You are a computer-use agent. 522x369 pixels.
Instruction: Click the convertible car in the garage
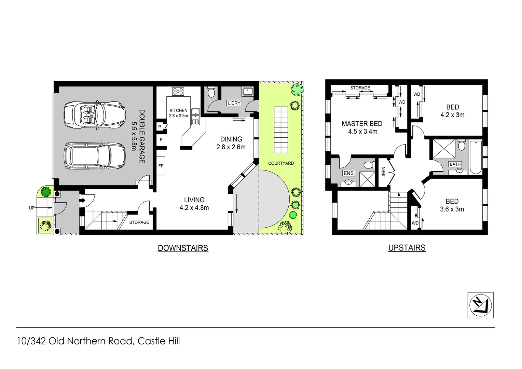point(95,114)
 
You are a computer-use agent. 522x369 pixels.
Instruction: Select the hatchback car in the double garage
point(95,156)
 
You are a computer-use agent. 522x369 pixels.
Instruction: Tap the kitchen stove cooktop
point(178,91)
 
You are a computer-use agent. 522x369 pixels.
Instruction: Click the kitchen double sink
point(196,116)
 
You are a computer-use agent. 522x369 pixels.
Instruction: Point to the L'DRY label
point(234,103)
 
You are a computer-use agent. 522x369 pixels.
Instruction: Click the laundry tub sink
point(247,91)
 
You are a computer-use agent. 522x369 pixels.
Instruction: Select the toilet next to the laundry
point(211,92)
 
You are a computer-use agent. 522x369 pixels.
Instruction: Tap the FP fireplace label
point(161,166)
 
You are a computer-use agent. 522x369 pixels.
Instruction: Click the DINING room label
point(231,139)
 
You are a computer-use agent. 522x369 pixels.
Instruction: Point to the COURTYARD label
point(281,163)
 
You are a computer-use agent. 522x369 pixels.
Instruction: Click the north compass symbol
point(480,305)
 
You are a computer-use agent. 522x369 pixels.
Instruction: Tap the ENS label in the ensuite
point(348,173)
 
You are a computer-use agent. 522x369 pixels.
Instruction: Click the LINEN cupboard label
point(383,173)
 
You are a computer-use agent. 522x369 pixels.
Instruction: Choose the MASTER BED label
point(362,124)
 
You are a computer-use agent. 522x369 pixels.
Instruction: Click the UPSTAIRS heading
point(407,248)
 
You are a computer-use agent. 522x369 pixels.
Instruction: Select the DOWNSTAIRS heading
point(183,248)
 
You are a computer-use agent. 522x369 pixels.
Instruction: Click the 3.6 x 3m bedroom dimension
point(452,209)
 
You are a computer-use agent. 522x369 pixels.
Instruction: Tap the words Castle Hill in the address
point(159,341)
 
